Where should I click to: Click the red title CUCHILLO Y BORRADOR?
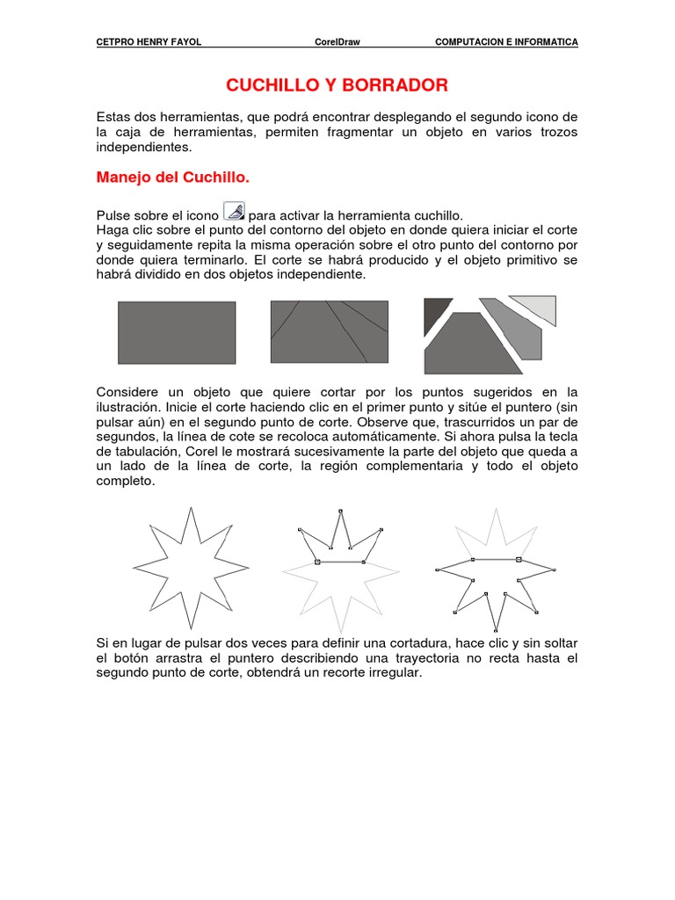tap(337, 85)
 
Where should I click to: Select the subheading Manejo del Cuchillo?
tap(172, 178)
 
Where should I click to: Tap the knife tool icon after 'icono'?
tap(235, 211)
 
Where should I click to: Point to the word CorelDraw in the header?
tap(337, 42)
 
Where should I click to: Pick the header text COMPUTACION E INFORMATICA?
tap(506, 42)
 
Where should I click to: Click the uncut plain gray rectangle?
tap(177, 332)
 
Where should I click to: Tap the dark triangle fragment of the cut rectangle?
tap(434, 314)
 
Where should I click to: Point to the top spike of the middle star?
tap(341, 512)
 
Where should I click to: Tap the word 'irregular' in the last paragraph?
tap(391, 673)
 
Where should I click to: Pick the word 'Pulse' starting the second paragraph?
tap(112, 215)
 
